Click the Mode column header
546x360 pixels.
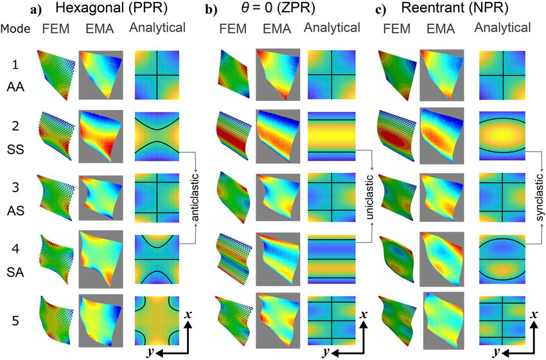click(x=15, y=28)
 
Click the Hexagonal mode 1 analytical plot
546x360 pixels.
click(x=157, y=75)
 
